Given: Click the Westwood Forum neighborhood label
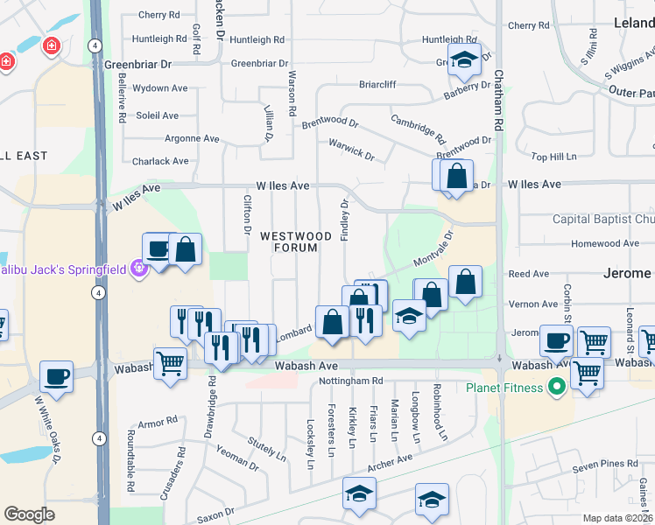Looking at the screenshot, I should click(295, 241).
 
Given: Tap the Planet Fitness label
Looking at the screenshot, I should click(504, 386).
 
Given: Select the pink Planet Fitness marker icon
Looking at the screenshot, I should click(554, 386).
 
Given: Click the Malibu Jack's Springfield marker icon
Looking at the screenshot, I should click(137, 268).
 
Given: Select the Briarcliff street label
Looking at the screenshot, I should click(377, 85).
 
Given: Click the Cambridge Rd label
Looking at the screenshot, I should click(418, 129).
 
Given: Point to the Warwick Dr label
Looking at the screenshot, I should click(351, 150).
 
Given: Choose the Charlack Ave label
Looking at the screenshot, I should click(160, 161).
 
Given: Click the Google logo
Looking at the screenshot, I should click(29, 514).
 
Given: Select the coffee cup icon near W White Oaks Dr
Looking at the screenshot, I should click(57, 377).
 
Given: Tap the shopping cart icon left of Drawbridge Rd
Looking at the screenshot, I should click(169, 362).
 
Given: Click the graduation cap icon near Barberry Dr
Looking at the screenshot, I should click(461, 60).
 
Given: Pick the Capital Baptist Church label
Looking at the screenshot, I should click(602, 220).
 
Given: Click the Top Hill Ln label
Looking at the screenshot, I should click(553, 157).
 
